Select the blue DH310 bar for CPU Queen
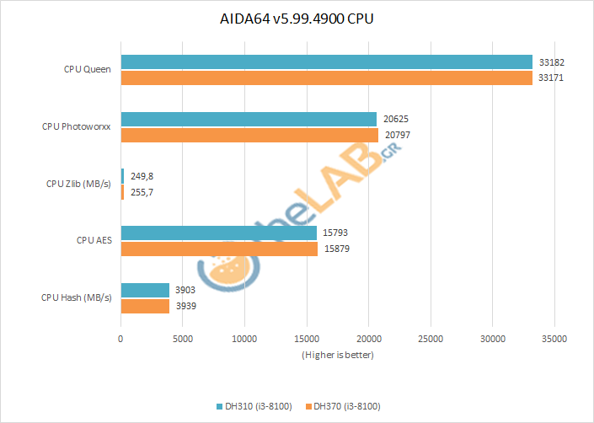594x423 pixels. click(x=327, y=62)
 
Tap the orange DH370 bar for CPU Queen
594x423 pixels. click(x=327, y=78)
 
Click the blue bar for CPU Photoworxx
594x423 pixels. click(x=249, y=120)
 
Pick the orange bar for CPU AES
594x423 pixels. click(x=219, y=249)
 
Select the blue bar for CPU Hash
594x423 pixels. click(x=145, y=290)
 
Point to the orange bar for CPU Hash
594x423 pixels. click(x=145, y=306)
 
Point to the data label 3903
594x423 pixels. click(x=185, y=290)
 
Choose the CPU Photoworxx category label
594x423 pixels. click(x=77, y=126)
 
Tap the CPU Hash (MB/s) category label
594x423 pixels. click(x=77, y=297)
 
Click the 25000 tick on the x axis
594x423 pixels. click(x=430, y=339)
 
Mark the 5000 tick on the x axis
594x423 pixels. click(x=182, y=339)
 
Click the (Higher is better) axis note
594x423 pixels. click(x=337, y=355)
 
